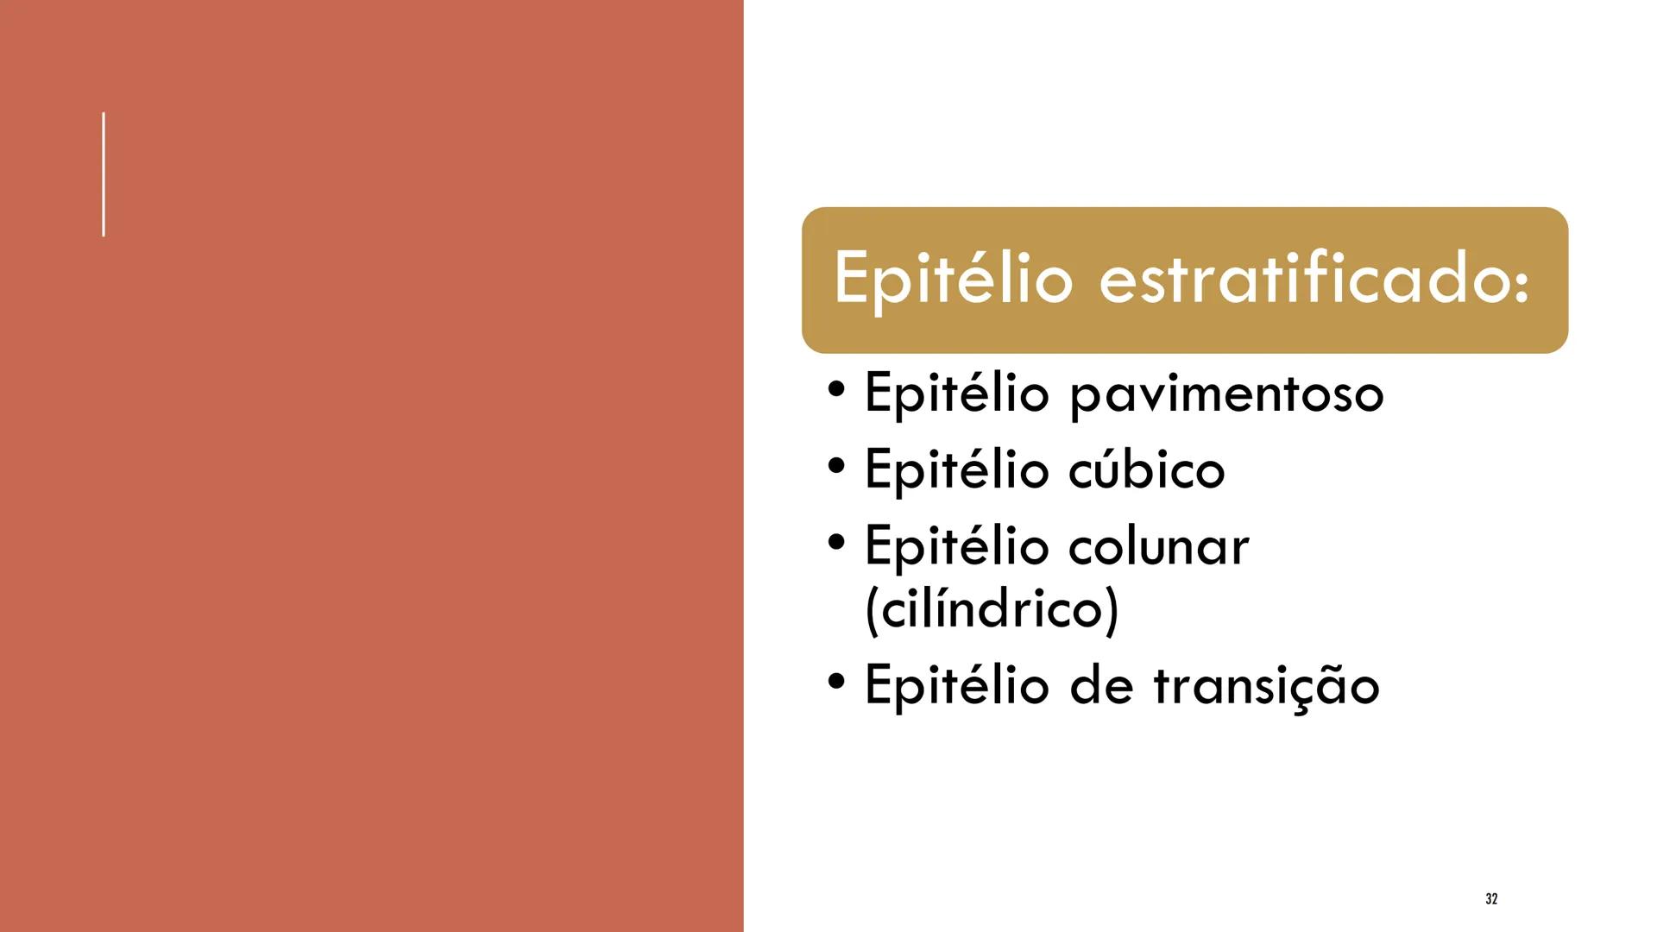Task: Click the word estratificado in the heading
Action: click(1304, 278)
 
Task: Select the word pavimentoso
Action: click(1226, 395)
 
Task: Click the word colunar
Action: click(1159, 545)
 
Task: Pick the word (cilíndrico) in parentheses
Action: click(991, 608)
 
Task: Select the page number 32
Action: click(1490, 899)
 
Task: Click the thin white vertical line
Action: click(104, 173)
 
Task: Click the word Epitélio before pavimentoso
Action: click(956, 394)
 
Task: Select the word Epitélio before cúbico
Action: click(956, 470)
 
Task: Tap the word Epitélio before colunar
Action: click(956, 547)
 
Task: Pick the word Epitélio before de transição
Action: click(956, 685)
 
